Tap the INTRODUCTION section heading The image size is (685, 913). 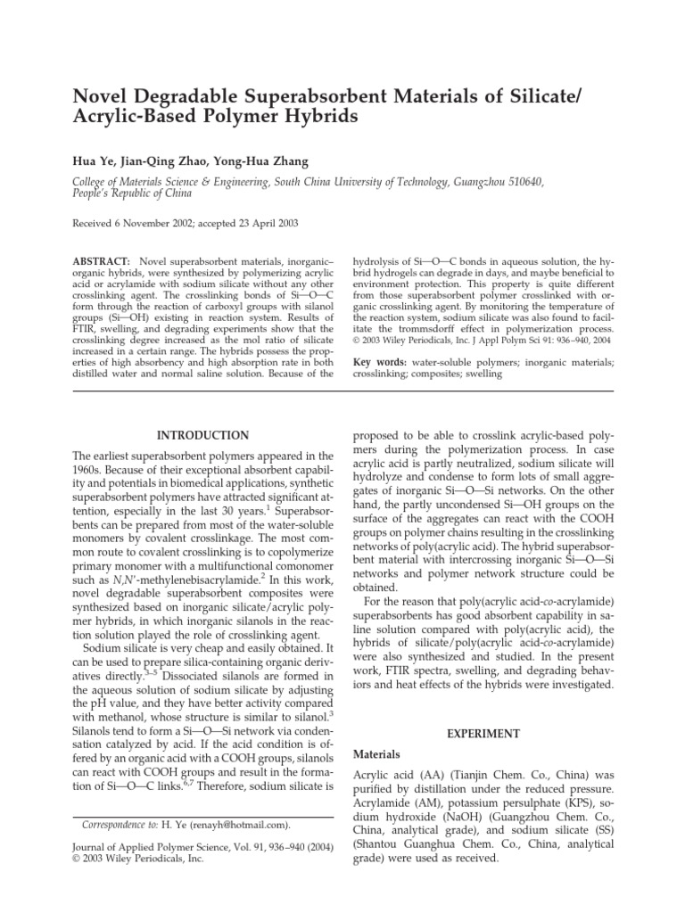(x=203, y=435)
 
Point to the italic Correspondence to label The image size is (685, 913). (x=119, y=826)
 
